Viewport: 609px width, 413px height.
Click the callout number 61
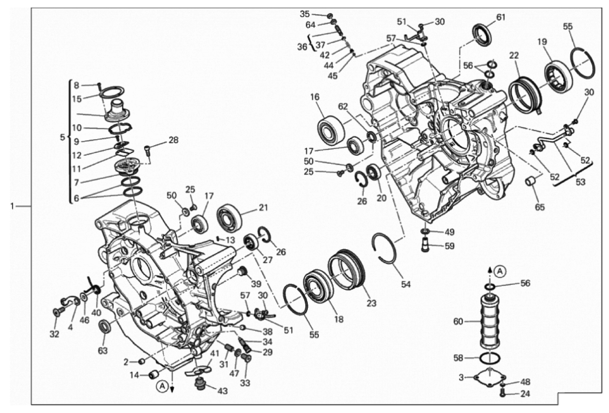[x=501, y=17]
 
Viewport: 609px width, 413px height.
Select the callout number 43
[x=223, y=391]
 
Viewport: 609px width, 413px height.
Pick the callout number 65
[x=540, y=207]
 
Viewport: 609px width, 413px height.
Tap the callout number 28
[x=174, y=140]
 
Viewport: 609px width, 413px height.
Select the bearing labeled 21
[x=230, y=216]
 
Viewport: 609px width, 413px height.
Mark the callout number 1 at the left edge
[x=12, y=206]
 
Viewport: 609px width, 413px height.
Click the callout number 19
[x=542, y=42]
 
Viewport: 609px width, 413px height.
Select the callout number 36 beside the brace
[x=302, y=47]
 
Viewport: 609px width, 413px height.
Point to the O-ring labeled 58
[x=489, y=358]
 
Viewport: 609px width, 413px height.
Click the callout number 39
[x=255, y=284]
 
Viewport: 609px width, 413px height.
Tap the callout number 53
[x=580, y=182]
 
